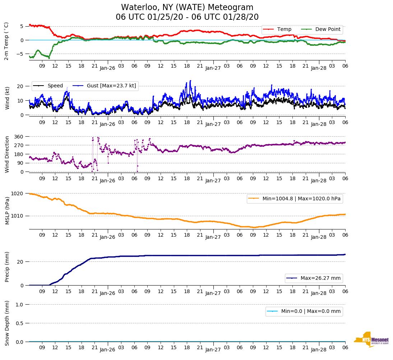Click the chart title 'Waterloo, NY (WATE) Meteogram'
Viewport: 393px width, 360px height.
click(x=187, y=7)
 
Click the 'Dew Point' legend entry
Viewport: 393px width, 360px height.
click(x=328, y=29)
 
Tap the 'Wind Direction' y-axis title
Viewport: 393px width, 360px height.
click(x=7, y=154)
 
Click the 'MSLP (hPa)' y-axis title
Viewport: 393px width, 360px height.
click(x=7, y=211)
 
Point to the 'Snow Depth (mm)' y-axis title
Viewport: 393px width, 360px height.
click(x=7, y=323)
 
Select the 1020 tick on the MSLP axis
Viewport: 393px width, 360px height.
click(x=18, y=193)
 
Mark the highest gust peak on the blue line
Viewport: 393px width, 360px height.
click(x=190, y=81)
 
